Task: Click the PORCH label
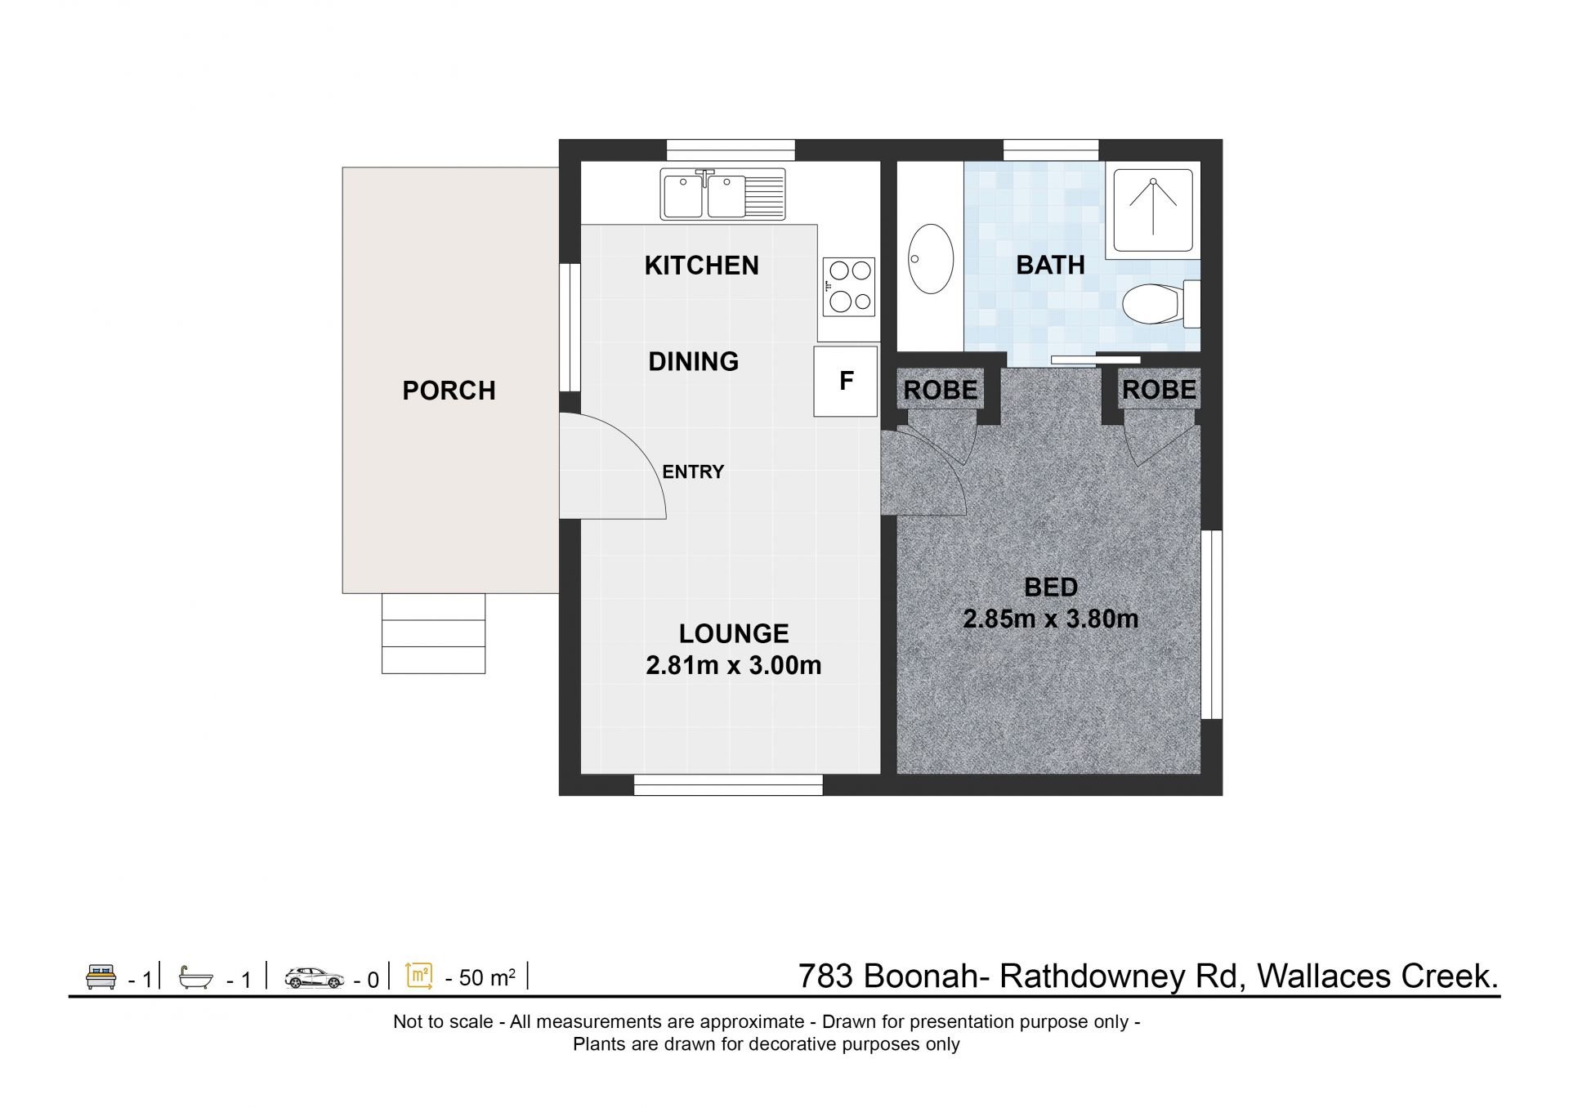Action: (449, 391)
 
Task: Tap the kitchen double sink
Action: (722, 194)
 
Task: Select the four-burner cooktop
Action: (849, 287)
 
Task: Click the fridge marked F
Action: (846, 381)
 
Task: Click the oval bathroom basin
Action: (931, 258)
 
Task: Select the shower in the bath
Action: (1152, 211)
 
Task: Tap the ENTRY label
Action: (693, 471)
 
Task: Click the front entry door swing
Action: (612, 466)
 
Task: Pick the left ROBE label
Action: (941, 391)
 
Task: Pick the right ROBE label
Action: (1159, 390)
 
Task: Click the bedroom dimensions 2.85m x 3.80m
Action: (1051, 619)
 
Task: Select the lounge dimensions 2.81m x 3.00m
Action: (734, 665)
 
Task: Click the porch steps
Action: (433, 633)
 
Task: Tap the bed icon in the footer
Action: (101, 977)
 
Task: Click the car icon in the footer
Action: (315, 977)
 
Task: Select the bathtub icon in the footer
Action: (196, 977)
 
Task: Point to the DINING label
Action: (693, 361)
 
